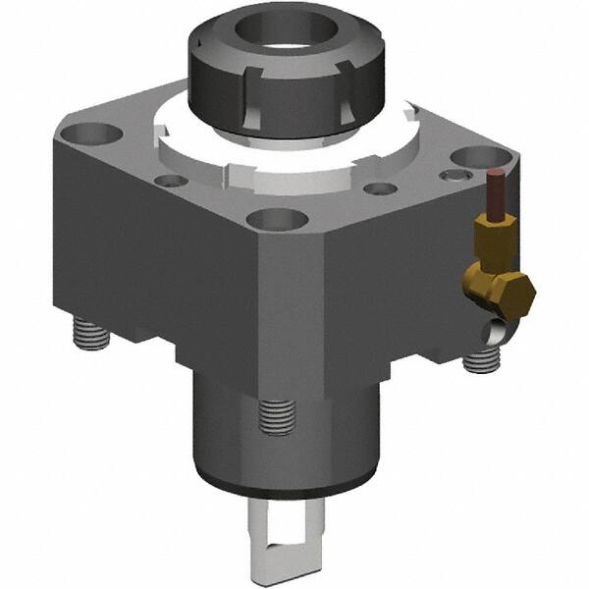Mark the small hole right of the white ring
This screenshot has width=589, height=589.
380,188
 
